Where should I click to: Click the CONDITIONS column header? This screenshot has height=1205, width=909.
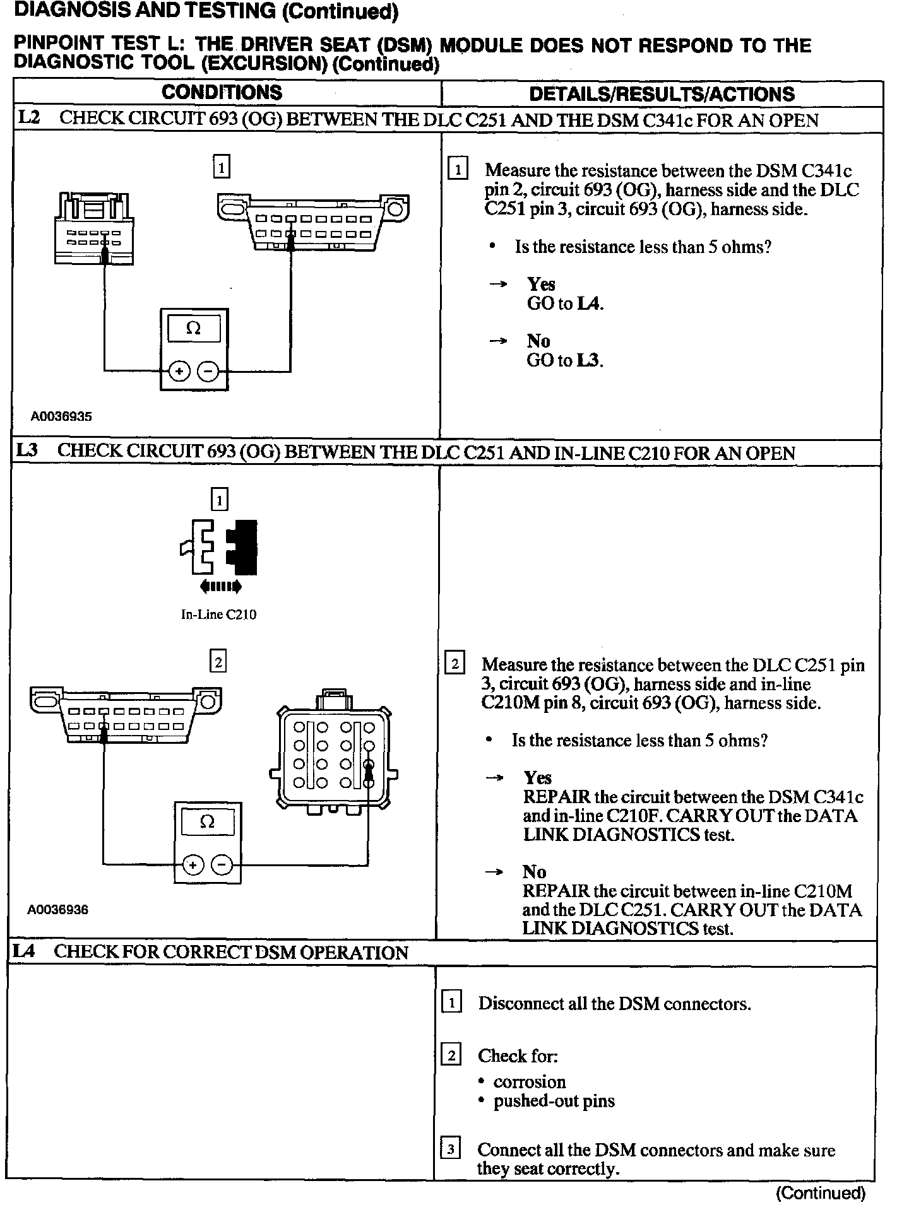click(222, 93)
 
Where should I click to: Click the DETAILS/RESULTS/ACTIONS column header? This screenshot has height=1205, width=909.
click(662, 94)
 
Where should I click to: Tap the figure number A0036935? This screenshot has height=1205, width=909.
click(61, 416)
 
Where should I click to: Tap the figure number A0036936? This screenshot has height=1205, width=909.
click(57, 910)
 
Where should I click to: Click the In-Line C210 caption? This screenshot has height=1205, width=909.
click(218, 614)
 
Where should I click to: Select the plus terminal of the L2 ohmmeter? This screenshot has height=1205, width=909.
click(179, 372)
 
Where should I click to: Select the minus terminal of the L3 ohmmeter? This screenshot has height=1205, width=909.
click(222, 865)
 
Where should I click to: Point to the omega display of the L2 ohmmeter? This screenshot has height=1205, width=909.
click(194, 329)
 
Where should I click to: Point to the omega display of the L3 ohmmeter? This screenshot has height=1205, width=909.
click(207, 822)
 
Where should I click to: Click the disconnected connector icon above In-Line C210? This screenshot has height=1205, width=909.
click(219, 547)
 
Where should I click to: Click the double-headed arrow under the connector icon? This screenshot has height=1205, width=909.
click(220, 587)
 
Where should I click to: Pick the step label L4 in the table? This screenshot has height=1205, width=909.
click(23, 951)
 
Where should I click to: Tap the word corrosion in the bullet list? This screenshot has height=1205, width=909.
click(529, 1081)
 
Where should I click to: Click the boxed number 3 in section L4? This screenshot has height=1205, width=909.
click(450, 1149)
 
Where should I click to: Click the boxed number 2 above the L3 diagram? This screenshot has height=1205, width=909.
click(218, 662)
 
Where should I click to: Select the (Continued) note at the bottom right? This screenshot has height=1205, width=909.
click(820, 1192)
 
